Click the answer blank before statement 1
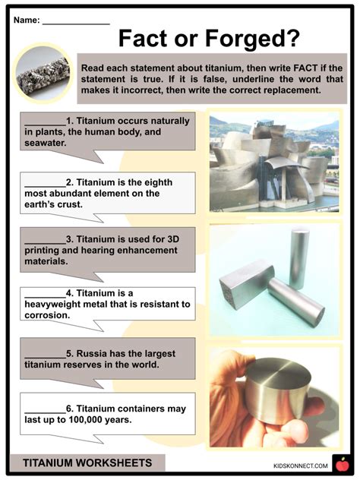45,120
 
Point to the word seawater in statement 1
46,142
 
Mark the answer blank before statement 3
45,237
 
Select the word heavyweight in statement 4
58,304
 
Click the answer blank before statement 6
45,409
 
